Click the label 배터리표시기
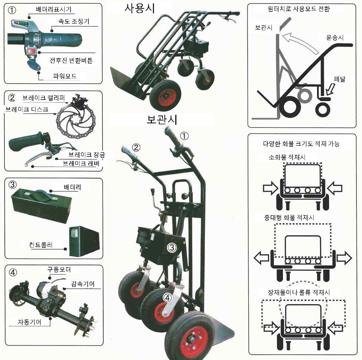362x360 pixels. tap(54, 10)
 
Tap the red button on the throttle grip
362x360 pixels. tap(32, 51)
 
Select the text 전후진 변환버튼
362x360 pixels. tap(71, 61)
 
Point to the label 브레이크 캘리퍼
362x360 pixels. tap(44, 98)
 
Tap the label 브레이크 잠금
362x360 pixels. tap(87, 155)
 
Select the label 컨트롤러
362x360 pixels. tap(41, 244)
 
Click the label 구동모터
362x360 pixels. tap(59, 269)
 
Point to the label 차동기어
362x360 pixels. tap(29, 322)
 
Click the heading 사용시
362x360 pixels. tap(140, 8)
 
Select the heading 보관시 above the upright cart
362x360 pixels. tap(162, 120)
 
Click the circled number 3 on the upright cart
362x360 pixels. tap(172, 248)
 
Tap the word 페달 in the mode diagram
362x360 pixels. tap(339, 79)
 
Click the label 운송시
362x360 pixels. tap(335, 38)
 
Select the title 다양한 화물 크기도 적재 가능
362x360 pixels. tap(301, 144)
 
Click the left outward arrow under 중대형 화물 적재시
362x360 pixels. tap(262, 258)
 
